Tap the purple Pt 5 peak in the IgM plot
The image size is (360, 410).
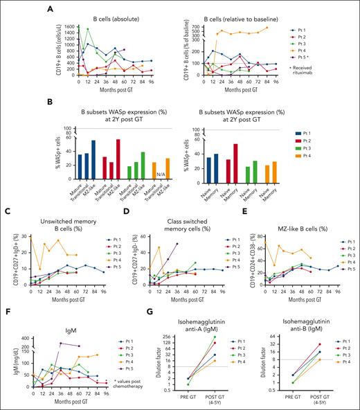pos(60,344)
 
